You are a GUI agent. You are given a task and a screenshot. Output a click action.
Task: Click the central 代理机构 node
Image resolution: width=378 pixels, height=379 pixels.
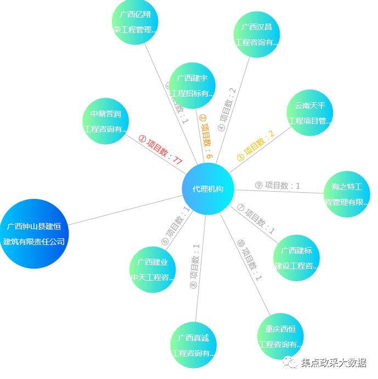(x=208, y=189)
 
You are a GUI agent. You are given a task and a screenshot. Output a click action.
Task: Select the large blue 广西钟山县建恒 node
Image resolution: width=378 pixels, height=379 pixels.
(x=34, y=233)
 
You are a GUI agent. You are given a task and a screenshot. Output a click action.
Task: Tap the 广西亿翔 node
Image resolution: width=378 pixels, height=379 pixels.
(x=135, y=22)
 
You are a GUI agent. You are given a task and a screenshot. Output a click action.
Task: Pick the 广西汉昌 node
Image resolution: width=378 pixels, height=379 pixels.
(x=257, y=34)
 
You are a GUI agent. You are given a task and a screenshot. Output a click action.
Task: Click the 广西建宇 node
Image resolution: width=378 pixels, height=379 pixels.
(x=192, y=85)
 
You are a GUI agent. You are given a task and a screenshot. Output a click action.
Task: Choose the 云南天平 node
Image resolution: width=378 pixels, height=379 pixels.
(x=309, y=113)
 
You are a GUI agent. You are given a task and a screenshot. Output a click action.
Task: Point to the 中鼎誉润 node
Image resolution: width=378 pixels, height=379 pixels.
(x=105, y=121)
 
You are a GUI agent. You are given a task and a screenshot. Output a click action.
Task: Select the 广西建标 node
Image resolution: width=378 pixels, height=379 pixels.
(x=296, y=258)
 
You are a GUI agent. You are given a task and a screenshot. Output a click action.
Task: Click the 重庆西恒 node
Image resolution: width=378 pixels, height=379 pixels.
(x=280, y=336)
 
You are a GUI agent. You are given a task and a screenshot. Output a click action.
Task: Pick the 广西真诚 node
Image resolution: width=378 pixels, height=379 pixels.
(x=193, y=345)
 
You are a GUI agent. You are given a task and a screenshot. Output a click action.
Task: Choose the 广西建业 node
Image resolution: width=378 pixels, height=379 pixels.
(x=153, y=269)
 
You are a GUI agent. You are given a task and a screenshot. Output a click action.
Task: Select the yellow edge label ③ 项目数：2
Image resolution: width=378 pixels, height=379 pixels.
(x=255, y=146)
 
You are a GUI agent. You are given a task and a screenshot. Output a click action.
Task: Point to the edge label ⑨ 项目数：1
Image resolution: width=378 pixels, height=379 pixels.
(x=278, y=186)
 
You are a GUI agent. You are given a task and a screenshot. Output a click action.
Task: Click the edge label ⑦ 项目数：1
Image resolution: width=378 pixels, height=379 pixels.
(x=256, y=219)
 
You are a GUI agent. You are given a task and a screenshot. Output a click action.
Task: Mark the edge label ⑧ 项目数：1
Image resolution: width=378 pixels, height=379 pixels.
(x=194, y=266)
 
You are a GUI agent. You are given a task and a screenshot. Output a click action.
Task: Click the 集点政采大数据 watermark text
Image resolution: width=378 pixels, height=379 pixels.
(x=334, y=363)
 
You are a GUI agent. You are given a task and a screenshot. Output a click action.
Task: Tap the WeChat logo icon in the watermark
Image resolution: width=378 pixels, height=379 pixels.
(x=290, y=363)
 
